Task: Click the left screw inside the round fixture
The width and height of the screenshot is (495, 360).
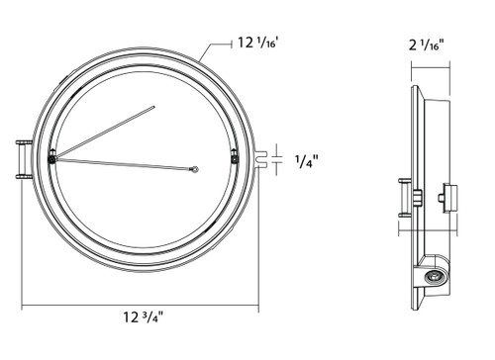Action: (51, 153)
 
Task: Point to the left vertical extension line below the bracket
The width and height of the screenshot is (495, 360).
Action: (20, 237)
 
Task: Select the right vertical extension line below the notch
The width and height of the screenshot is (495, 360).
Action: (261, 237)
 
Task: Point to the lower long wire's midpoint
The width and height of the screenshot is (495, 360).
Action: (124, 163)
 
